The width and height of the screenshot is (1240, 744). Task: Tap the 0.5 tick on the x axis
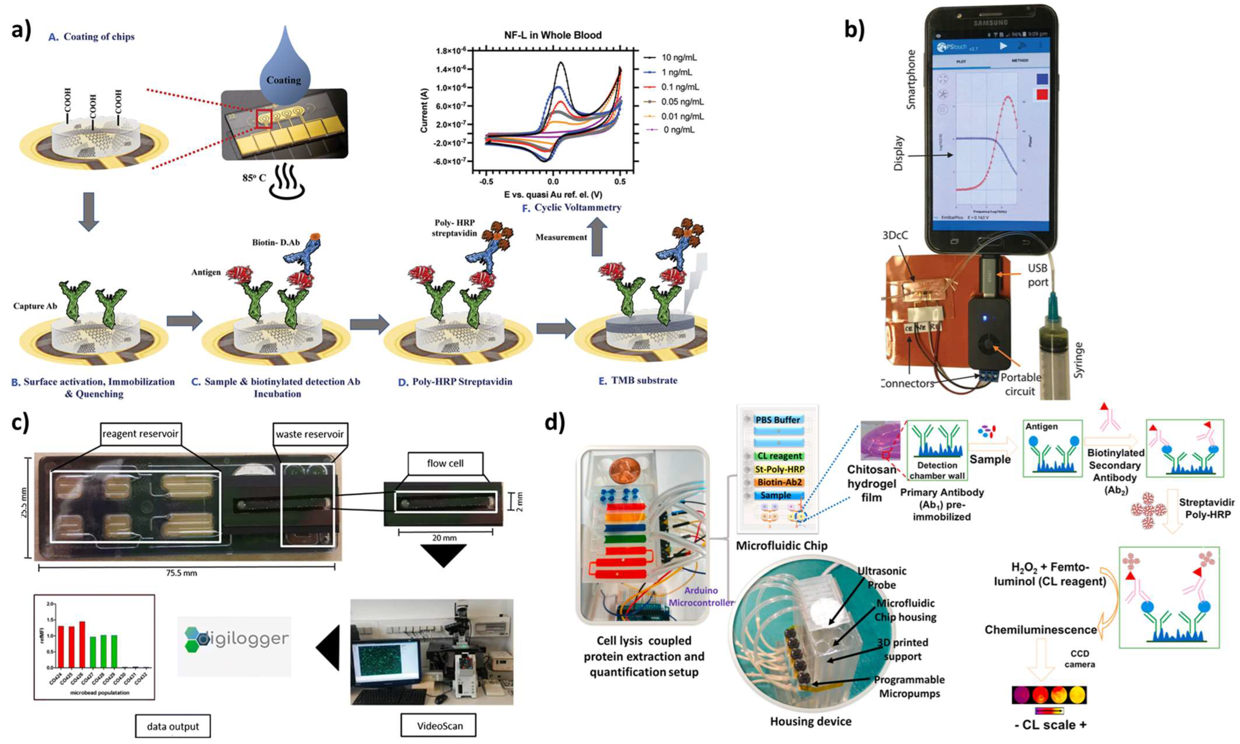point(620,182)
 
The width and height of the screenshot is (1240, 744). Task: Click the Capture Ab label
point(35,306)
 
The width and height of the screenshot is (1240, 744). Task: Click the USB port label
point(1038,275)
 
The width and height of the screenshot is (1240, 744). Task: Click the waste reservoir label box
point(309,434)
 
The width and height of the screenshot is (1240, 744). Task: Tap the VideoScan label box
point(440,725)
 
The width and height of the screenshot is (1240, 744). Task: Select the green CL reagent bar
point(779,456)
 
